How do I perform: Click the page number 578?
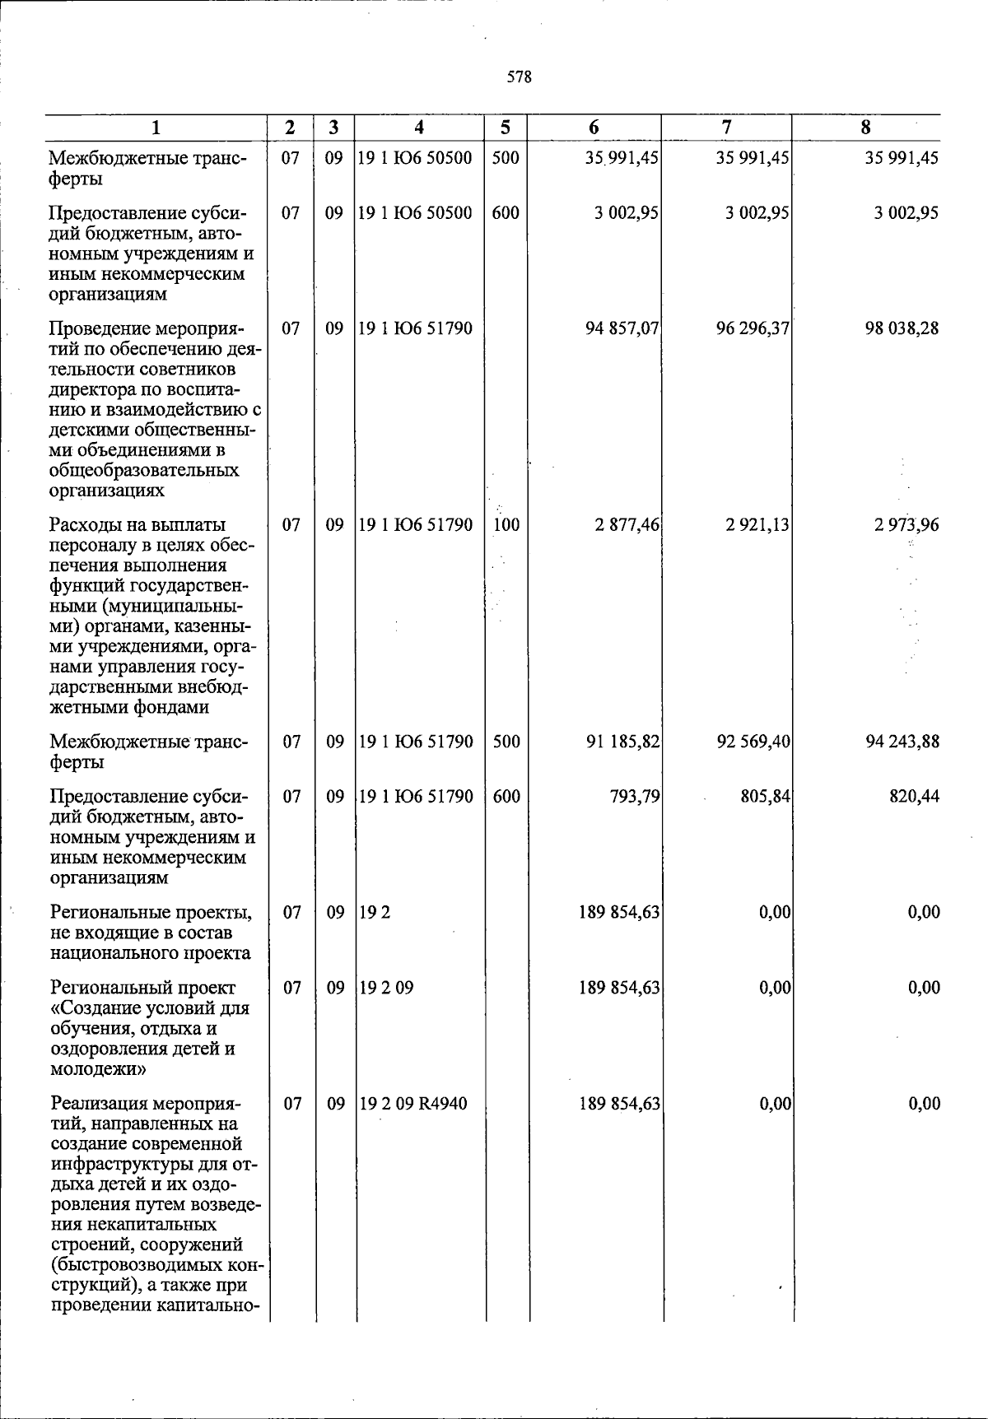[x=519, y=77]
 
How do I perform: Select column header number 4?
[x=419, y=128]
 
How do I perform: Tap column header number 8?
[x=865, y=128]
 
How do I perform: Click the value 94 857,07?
[x=622, y=328]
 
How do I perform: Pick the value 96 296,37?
[x=753, y=328]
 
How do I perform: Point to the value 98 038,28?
[x=901, y=328]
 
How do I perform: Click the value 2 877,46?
[x=627, y=525]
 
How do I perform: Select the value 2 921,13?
[x=757, y=525]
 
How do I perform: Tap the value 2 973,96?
[x=906, y=525]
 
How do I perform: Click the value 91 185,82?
[x=622, y=742]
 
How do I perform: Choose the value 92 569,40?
[x=753, y=742]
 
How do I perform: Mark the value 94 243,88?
[x=902, y=742]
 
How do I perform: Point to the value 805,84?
[x=766, y=797]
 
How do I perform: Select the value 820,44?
[x=914, y=797]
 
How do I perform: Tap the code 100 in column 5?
[x=506, y=525]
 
